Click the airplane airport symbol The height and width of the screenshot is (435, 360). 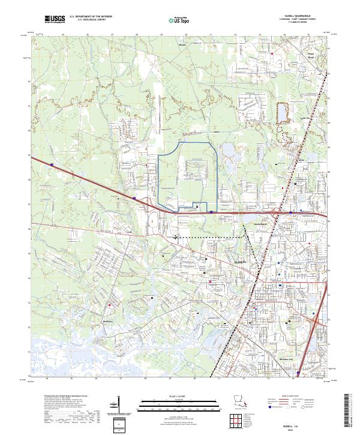(175, 236)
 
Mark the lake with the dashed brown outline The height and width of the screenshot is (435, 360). (281, 112)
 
